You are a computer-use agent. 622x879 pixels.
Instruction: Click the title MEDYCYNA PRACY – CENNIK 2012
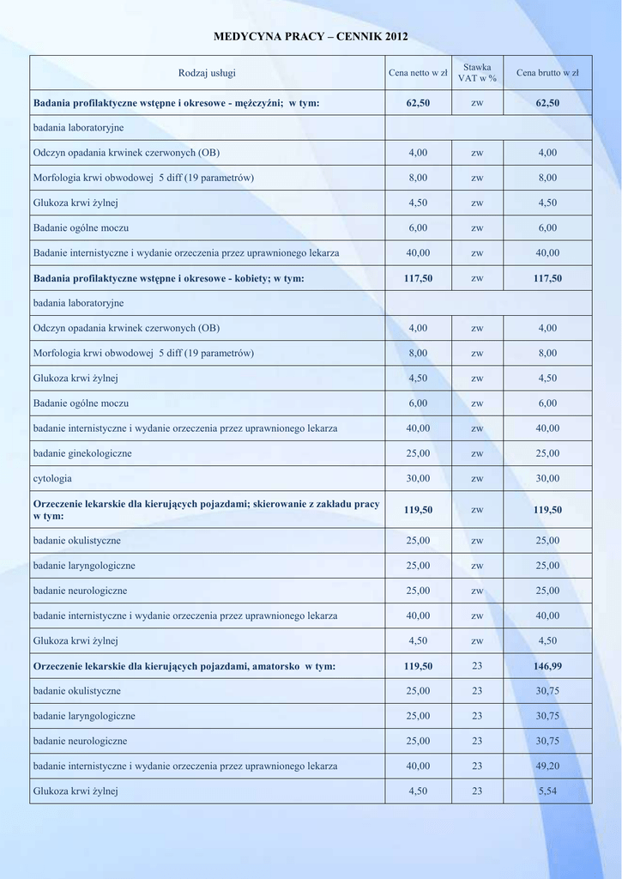tap(311, 37)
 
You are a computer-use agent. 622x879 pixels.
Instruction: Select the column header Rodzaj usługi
tap(207, 73)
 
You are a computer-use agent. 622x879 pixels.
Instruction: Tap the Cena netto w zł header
tap(418, 73)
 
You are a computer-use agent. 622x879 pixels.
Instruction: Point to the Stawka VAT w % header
tap(477, 72)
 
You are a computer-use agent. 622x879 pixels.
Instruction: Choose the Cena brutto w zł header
tap(547, 73)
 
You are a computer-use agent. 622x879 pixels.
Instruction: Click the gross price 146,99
tap(547, 665)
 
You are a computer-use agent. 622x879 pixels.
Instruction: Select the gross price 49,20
tap(547, 766)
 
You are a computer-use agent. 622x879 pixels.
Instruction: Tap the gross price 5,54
tap(547, 791)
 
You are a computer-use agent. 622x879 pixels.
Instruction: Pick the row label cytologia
tap(52, 478)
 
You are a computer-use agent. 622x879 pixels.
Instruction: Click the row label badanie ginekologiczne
tap(82, 453)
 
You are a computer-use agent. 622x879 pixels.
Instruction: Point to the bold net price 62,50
tap(418, 102)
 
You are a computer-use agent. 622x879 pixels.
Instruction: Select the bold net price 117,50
tap(418, 278)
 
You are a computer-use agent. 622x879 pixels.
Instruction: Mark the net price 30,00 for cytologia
tap(418, 478)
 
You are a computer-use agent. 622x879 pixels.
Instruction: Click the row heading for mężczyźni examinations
tap(176, 102)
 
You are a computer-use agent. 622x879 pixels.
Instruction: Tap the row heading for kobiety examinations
tap(168, 278)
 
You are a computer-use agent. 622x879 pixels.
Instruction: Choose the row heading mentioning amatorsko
tap(184, 665)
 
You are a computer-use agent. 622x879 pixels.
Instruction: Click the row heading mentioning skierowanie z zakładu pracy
tap(205, 509)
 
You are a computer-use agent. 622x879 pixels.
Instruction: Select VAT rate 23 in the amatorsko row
tap(477, 665)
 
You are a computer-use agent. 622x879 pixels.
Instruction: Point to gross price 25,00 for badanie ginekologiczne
tap(547, 453)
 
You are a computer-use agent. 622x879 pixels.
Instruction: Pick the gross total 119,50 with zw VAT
tap(547, 510)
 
